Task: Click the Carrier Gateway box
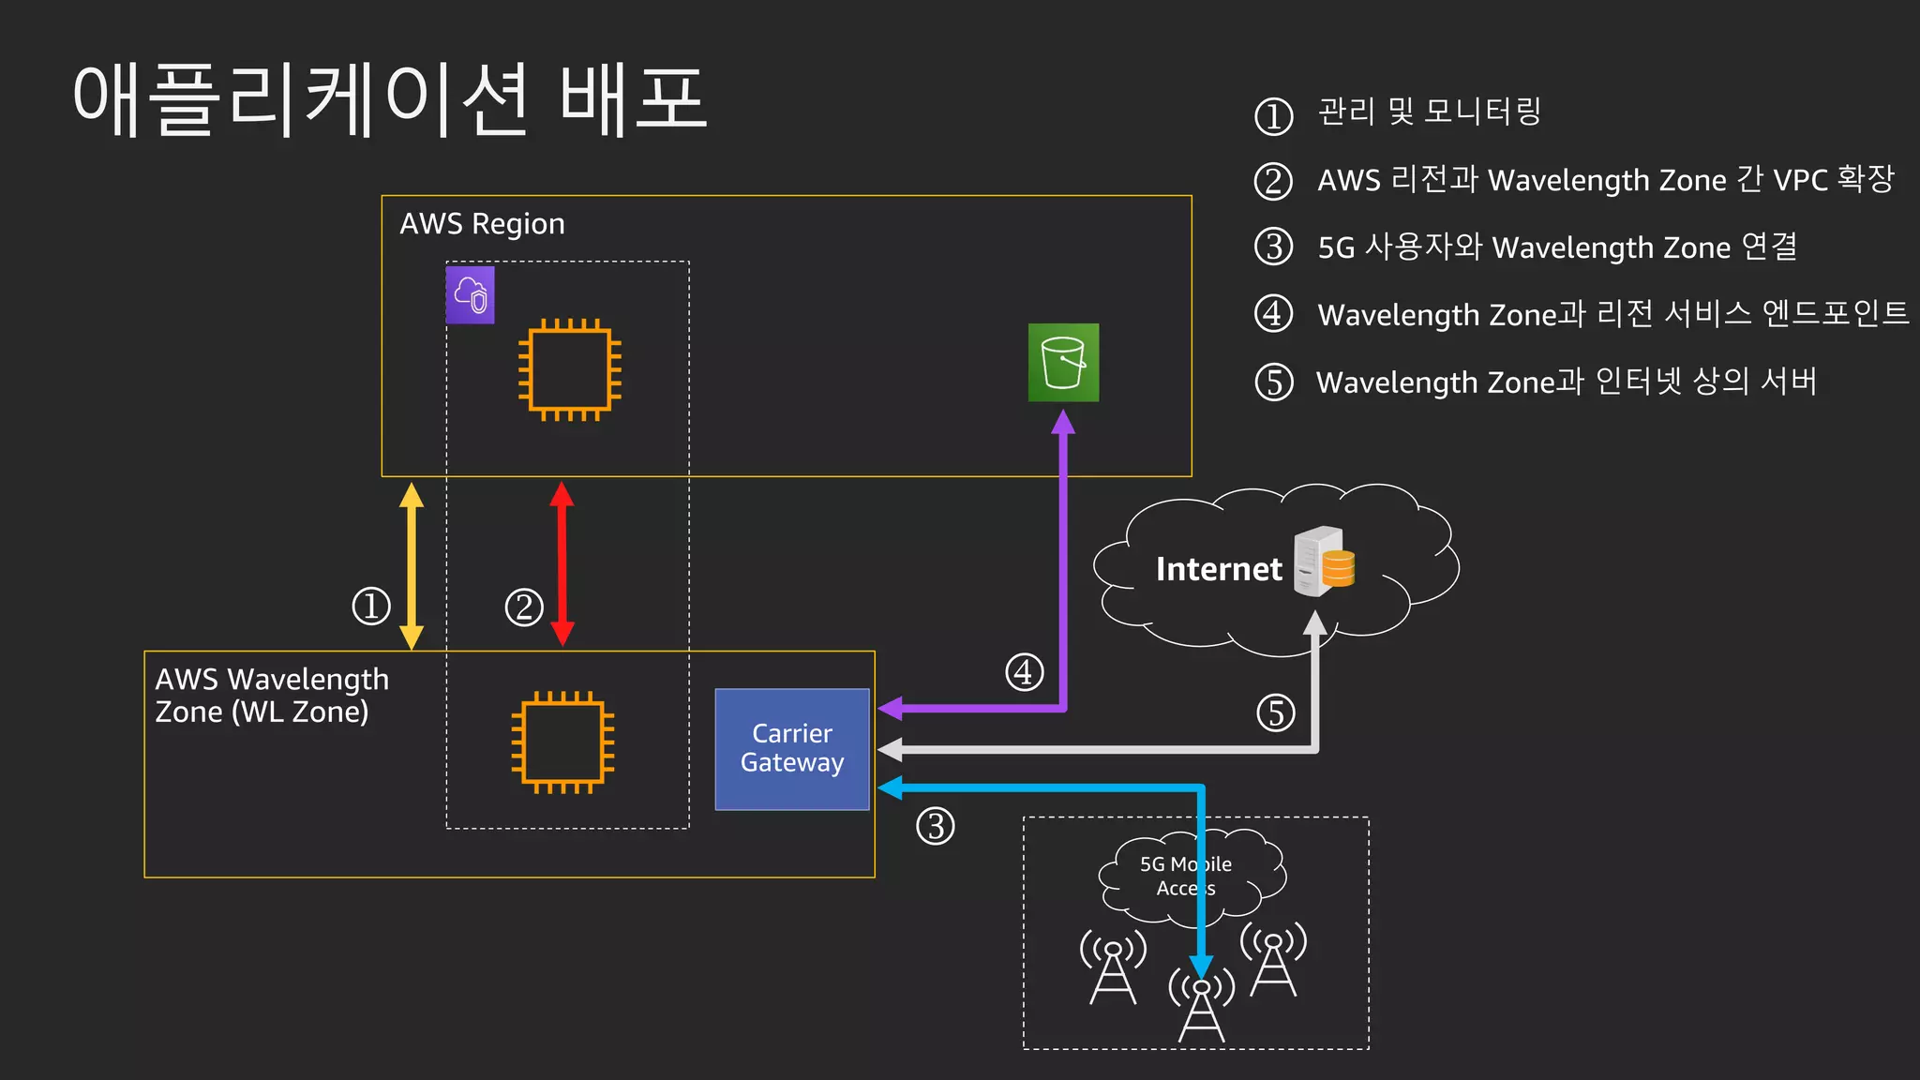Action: [x=792, y=749]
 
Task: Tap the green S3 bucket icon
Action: [x=1063, y=363]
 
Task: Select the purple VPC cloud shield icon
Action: [x=470, y=295]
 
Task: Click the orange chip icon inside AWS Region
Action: [x=570, y=369]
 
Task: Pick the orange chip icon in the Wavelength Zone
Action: [x=562, y=742]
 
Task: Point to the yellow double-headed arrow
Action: [x=412, y=565]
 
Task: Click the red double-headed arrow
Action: [x=562, y=562]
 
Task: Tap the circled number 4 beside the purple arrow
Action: [x=1025, y=672]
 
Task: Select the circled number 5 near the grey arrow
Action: [x=1276, y=712]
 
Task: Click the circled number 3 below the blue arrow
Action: [x=935, y=826]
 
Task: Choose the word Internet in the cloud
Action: [x=1218, y=569]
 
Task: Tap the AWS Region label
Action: [x=482, y=224]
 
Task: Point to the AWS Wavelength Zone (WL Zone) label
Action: [x=271, y=695]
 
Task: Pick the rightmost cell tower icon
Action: [x=1273, y=959]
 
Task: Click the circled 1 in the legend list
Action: [x=1273, y=116]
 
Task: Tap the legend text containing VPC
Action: [x=1605, y=179]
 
